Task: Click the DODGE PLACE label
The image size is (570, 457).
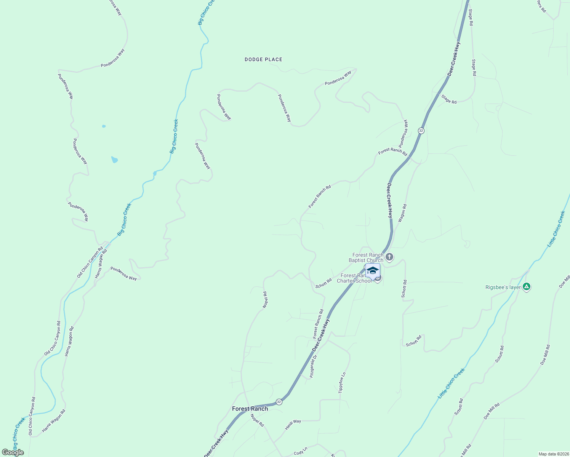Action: tap(263, 59)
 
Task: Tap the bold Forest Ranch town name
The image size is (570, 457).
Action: tap(250, 409)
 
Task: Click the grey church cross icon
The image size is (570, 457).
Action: tap(389, 257)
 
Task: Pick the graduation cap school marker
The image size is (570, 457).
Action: tap(372, 271)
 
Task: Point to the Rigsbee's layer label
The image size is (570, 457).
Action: tap(503, 287)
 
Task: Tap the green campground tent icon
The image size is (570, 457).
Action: tap(527, 287)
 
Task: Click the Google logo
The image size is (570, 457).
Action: tap(13, 452)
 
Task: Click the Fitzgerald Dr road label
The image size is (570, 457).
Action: tap(313, 366)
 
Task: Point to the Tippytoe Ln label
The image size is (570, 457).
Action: tap(342, 383)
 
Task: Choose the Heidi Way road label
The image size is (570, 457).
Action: tap(293, 424)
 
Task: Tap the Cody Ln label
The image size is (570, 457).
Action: tap(300, 453)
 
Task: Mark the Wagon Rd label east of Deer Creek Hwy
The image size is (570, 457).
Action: tap(402, 213)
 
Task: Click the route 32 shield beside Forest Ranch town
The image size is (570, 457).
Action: tap(279, 402)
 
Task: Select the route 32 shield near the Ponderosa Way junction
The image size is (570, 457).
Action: tap(421, 131)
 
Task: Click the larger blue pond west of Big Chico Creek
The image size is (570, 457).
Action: tap(114, 160)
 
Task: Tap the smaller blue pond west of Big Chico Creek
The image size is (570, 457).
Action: tap(104, 126)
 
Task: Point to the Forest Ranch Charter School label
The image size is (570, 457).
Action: tap(354, 278)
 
